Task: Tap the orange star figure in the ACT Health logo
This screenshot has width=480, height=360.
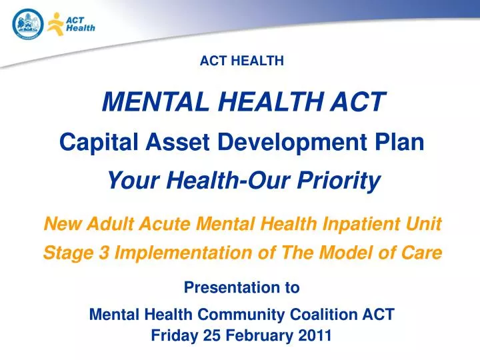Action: pos(55,24)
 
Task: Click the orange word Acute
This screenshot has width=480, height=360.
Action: pos(164,225)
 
